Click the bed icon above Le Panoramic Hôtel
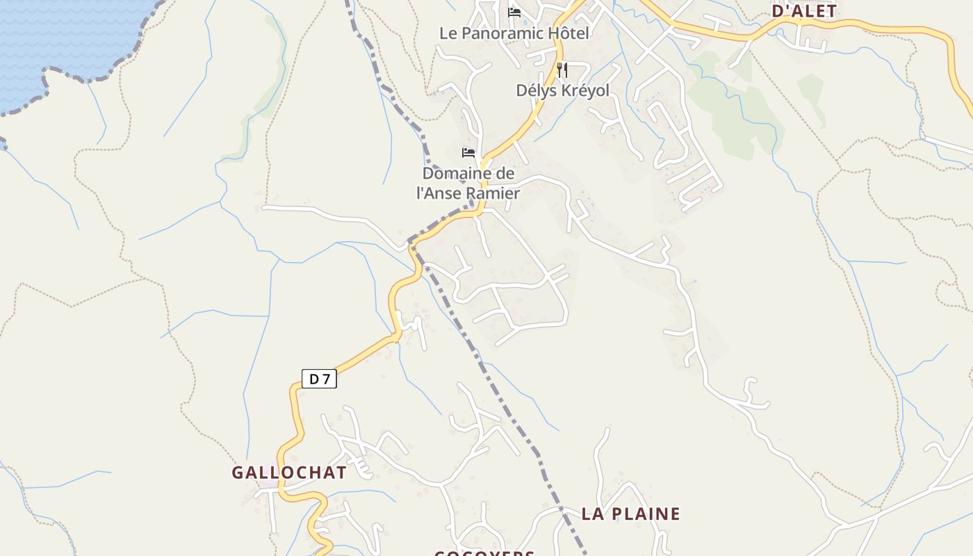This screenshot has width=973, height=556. (x=514, y=13)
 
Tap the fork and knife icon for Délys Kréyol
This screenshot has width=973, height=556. (x=562, y=69)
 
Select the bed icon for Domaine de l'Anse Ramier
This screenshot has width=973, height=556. (x=468, y=152)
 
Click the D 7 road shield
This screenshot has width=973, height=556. (x=319, y=379)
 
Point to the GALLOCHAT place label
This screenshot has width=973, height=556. (x=289, y=473)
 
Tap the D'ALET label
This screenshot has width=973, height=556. (x=804, y=10)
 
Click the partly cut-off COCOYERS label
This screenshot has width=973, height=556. (x=484, y=553)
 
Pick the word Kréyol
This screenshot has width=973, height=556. (x=582, y=90)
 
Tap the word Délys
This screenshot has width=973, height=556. (x=533, y=90)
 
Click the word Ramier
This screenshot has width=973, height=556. (x=494, y=193)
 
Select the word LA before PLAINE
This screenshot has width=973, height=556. (x=592, y=514)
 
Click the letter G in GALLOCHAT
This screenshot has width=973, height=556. (x=238, y=473)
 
